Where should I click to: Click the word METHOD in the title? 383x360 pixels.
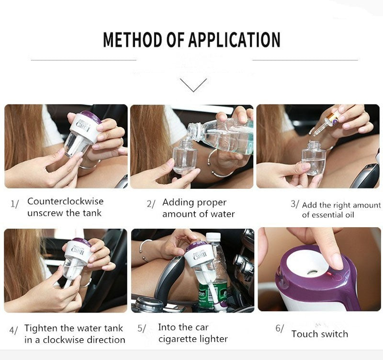tap(132, 40)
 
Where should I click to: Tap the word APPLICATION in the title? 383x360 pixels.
tap(234, 40)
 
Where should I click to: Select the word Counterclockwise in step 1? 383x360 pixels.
tap(66, 201)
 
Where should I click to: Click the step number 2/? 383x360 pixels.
tap(151, 204)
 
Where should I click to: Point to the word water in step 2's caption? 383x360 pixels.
tap(222, 214)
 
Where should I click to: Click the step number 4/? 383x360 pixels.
tap(14, 330)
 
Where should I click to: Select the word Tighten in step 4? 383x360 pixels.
tap(41, 328)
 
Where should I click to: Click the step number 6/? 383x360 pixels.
tap(280, 328)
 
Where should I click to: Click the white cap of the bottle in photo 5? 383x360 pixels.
tap(213, 236)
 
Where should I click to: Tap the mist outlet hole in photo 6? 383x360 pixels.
tap(311, 272)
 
